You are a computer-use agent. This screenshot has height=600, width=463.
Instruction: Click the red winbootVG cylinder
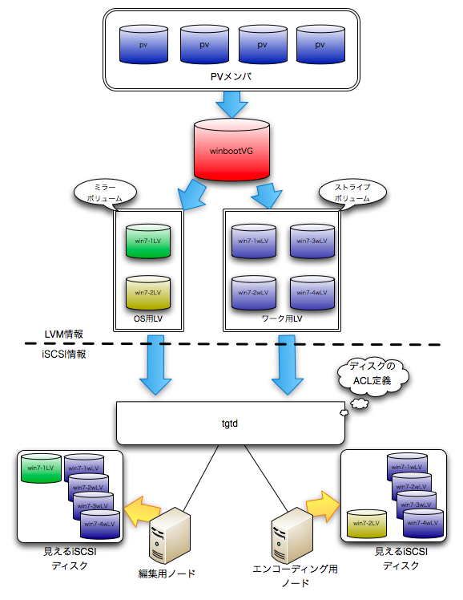click(231, 150)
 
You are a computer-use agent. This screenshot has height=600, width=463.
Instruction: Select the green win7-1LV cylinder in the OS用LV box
click(148, 241)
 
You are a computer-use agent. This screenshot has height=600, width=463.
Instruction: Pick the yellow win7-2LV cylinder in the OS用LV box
click(148, 292)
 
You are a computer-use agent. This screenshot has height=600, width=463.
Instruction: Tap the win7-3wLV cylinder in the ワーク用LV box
click(312, 241)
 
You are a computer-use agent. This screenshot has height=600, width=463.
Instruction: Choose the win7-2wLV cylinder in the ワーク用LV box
click(254, 292)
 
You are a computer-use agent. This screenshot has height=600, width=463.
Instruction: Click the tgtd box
click(231, 424)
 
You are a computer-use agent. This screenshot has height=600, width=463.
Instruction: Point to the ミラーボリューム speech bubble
click(105, 193)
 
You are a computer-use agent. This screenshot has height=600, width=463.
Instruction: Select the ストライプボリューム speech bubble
click(352, 193)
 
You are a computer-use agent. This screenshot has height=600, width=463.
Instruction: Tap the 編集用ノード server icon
click(169, 535)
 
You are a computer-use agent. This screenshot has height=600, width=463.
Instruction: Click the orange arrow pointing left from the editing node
click(141, 511)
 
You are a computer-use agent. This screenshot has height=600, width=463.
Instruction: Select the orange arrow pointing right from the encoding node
click(323, 506)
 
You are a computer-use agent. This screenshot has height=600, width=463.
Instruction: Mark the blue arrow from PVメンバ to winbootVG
click(231, 104)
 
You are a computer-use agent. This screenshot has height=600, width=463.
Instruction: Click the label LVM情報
click(64, 334)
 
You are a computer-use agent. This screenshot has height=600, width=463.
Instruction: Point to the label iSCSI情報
click(64, 355)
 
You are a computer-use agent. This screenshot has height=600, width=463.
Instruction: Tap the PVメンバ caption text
click(231, 76)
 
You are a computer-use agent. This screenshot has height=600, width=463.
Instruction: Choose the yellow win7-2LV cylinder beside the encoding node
click(366, 523)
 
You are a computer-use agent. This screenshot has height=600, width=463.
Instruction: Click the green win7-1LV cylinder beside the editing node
click(41, 468)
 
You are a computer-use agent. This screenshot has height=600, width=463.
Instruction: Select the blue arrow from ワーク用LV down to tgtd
click(288, 365)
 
